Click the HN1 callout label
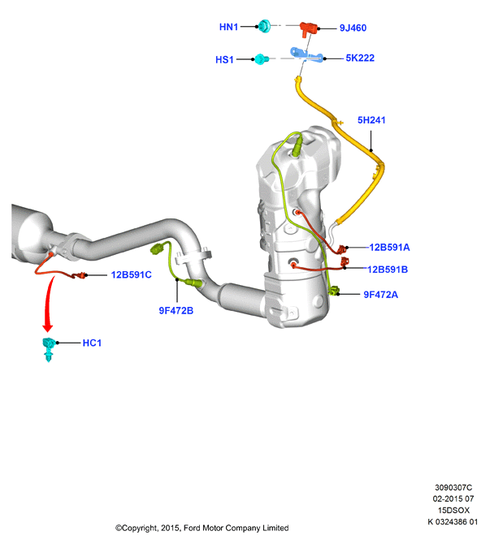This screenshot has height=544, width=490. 228,27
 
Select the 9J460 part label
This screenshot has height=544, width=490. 353,28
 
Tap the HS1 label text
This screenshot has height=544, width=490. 224,59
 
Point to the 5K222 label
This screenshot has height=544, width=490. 360,58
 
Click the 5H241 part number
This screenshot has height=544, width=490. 371,120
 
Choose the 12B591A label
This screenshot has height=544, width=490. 389,248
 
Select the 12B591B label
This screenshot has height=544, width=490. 388,270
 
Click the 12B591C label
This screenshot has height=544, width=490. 132,274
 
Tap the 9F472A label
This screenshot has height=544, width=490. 380,295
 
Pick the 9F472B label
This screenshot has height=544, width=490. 176,310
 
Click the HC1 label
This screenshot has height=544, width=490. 92,343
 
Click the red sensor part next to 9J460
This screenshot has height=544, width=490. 308,28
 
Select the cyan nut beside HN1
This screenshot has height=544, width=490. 265,26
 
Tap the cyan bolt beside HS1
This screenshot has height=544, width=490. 261,59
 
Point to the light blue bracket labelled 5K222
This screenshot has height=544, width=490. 306,55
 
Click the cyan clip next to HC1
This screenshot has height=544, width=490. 48,348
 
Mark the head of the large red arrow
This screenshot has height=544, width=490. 48,327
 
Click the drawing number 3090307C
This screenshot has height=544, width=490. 453,487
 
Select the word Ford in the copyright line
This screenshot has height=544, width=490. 191,528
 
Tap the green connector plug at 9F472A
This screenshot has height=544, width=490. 335,291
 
